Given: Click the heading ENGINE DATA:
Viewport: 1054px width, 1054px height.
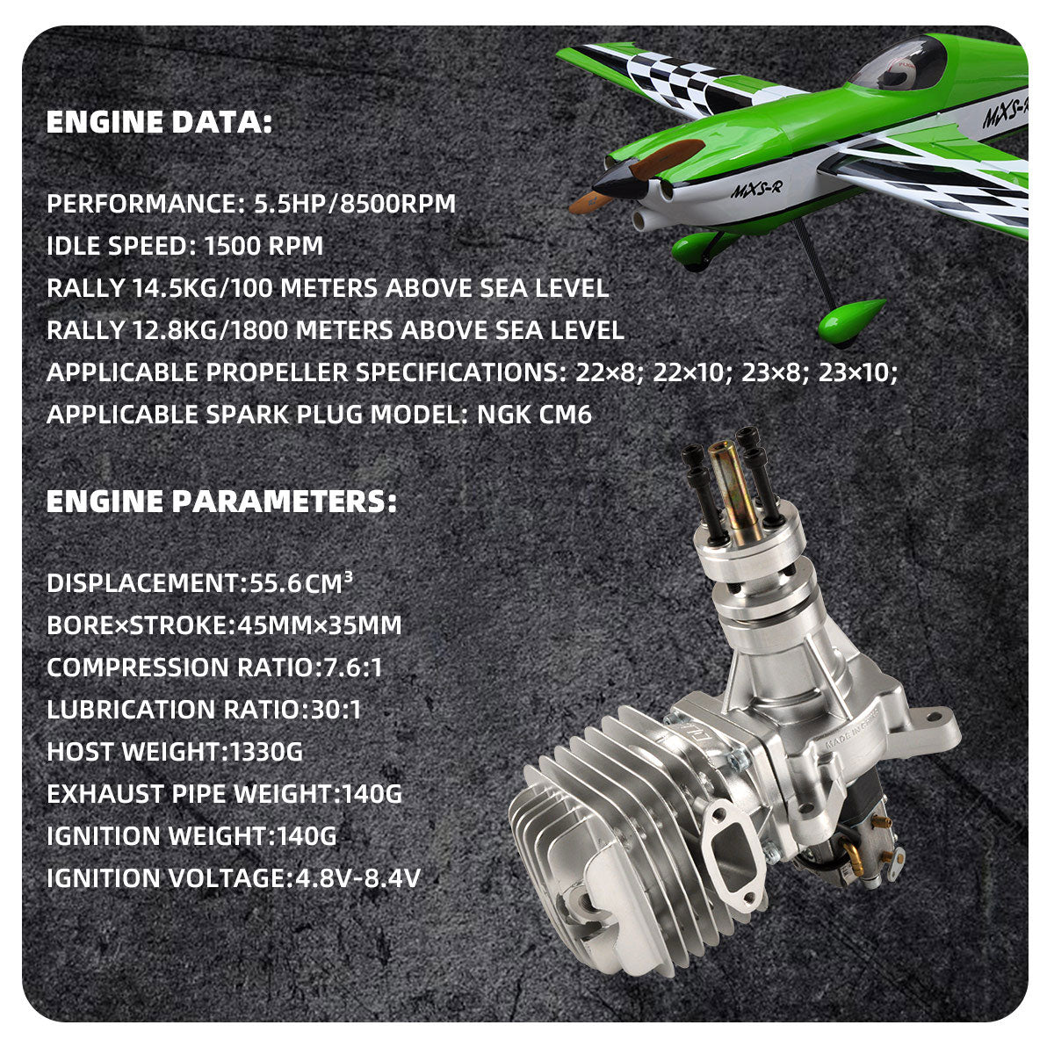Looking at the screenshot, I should click(159, 122).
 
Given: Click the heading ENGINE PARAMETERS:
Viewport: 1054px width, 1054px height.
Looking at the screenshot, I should click(221, 502).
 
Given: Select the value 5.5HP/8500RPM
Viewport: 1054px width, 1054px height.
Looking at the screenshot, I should click(355, 204).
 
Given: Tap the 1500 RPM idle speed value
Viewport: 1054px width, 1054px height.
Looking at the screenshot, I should click(263, 246).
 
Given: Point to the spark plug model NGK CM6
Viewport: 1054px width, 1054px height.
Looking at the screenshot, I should click(534, 415).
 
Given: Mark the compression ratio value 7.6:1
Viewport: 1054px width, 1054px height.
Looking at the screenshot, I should click(349, 668).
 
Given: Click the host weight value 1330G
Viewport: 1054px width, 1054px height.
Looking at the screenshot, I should click(266, 752).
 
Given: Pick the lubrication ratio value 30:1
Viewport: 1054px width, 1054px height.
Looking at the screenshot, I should click(336, 710).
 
